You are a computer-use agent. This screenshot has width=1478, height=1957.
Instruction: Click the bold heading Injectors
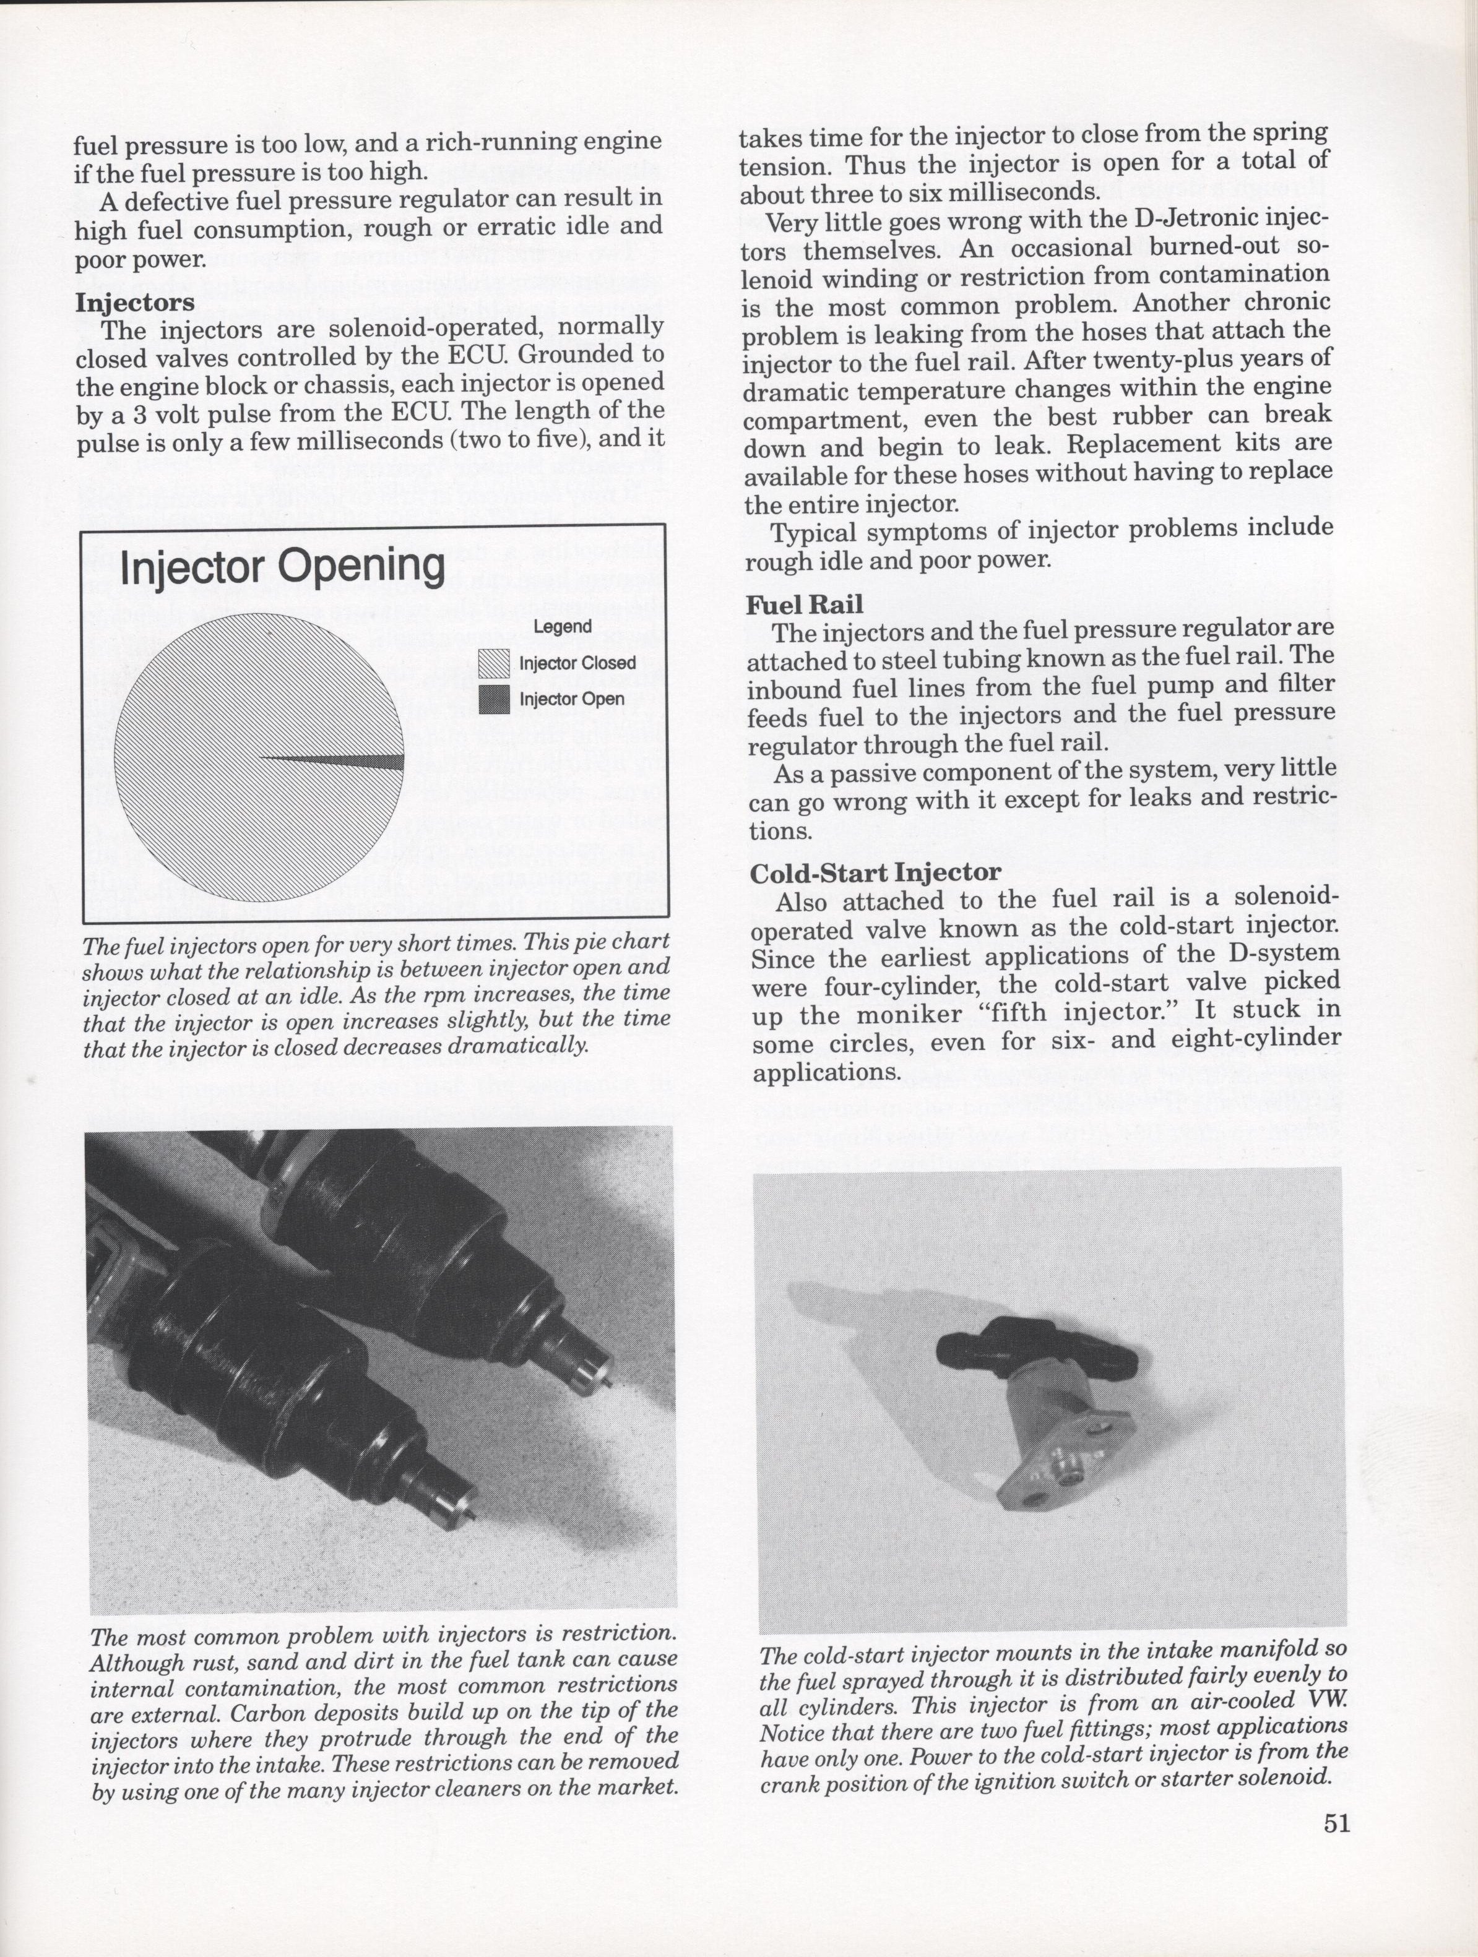click(x=134, y=303)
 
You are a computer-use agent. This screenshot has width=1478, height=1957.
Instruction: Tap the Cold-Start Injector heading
click(x=875, y=872)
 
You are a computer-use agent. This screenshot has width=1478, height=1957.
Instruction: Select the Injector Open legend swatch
click(x=495, y=700)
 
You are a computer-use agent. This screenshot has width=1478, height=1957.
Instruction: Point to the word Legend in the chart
click(x=562, y=626)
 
